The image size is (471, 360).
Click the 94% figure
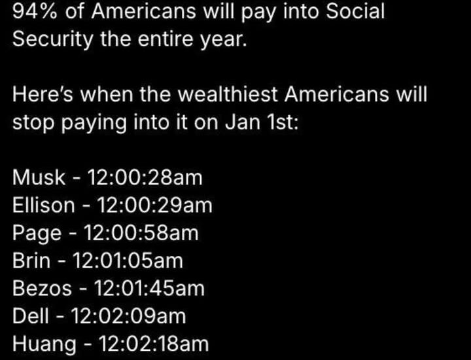(x=35, y=11)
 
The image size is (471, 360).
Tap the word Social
(x=355, y=11)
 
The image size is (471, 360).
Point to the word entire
(x=166, y=39)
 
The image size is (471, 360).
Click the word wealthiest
(x=228, y=94)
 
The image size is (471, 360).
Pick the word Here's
(x=43, y=94)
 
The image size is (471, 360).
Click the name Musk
(x=39, y=177)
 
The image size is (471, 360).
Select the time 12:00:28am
(x=145, y=177)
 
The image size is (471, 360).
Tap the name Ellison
(x=44, y=206)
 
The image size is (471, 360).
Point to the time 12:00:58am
(x=141, y=233)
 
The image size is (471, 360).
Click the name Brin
(x=31, y=261)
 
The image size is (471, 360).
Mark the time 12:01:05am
(x=128, y=261)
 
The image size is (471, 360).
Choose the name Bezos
(x=43, y=288)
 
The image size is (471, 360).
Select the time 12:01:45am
(x=150, y=288)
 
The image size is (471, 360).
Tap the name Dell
(x=31, y=316)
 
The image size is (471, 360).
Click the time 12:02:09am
(x=129, y=316)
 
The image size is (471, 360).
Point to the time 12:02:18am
(x=154, y=344)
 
